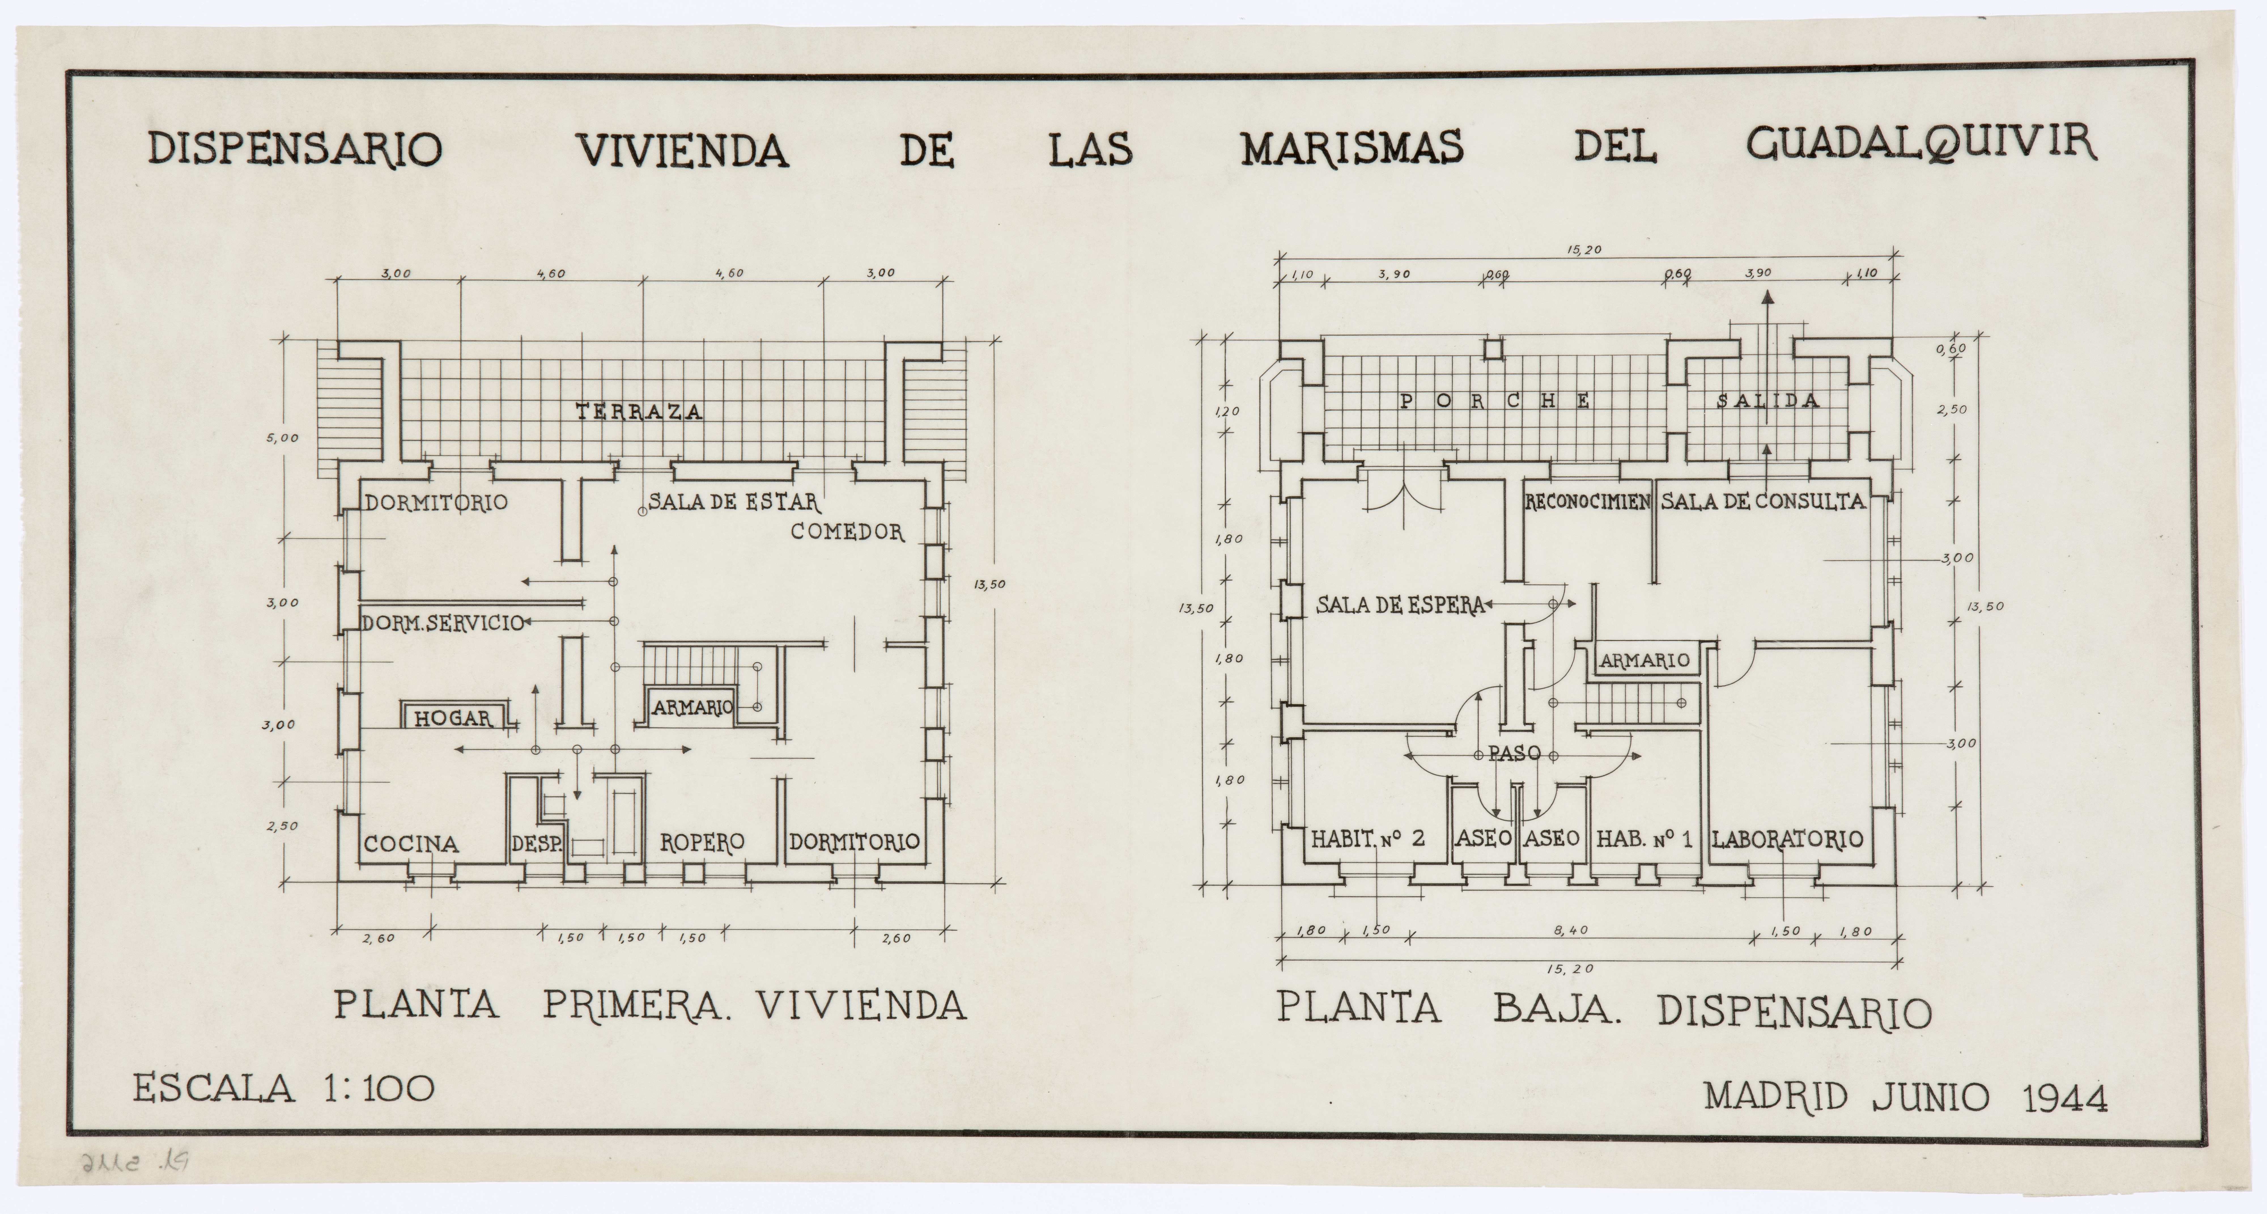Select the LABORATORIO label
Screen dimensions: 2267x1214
(x=1787, y=839)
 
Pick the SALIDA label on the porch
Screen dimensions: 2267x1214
(x=1768, y=401)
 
